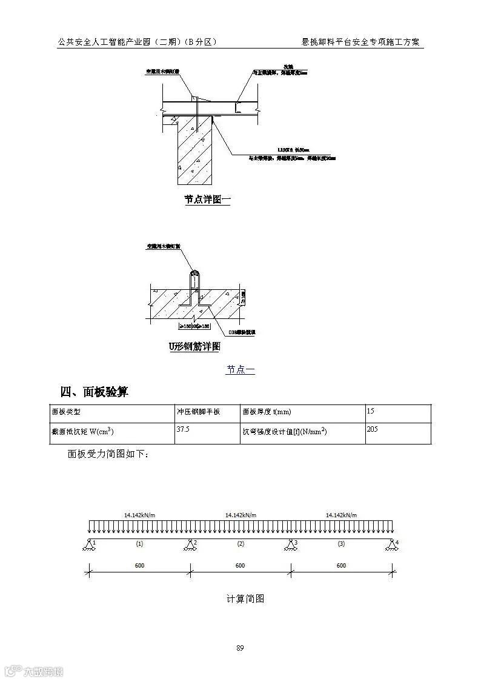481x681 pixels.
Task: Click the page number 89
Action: [240, 648]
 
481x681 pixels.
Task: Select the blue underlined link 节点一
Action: [240, 369]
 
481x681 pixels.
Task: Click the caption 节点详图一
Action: [208, 200]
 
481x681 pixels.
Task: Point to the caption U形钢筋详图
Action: [194, 347]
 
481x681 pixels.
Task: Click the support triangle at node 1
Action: [89, 545]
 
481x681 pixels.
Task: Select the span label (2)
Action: [240, 544]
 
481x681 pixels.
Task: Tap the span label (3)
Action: [341, 544]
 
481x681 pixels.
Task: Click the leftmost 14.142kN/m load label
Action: [139, 515]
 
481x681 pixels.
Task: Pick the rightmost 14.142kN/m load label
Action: [341, 515]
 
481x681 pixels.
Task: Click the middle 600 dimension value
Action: [240, 566]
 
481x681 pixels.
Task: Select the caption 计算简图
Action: [245, 599]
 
